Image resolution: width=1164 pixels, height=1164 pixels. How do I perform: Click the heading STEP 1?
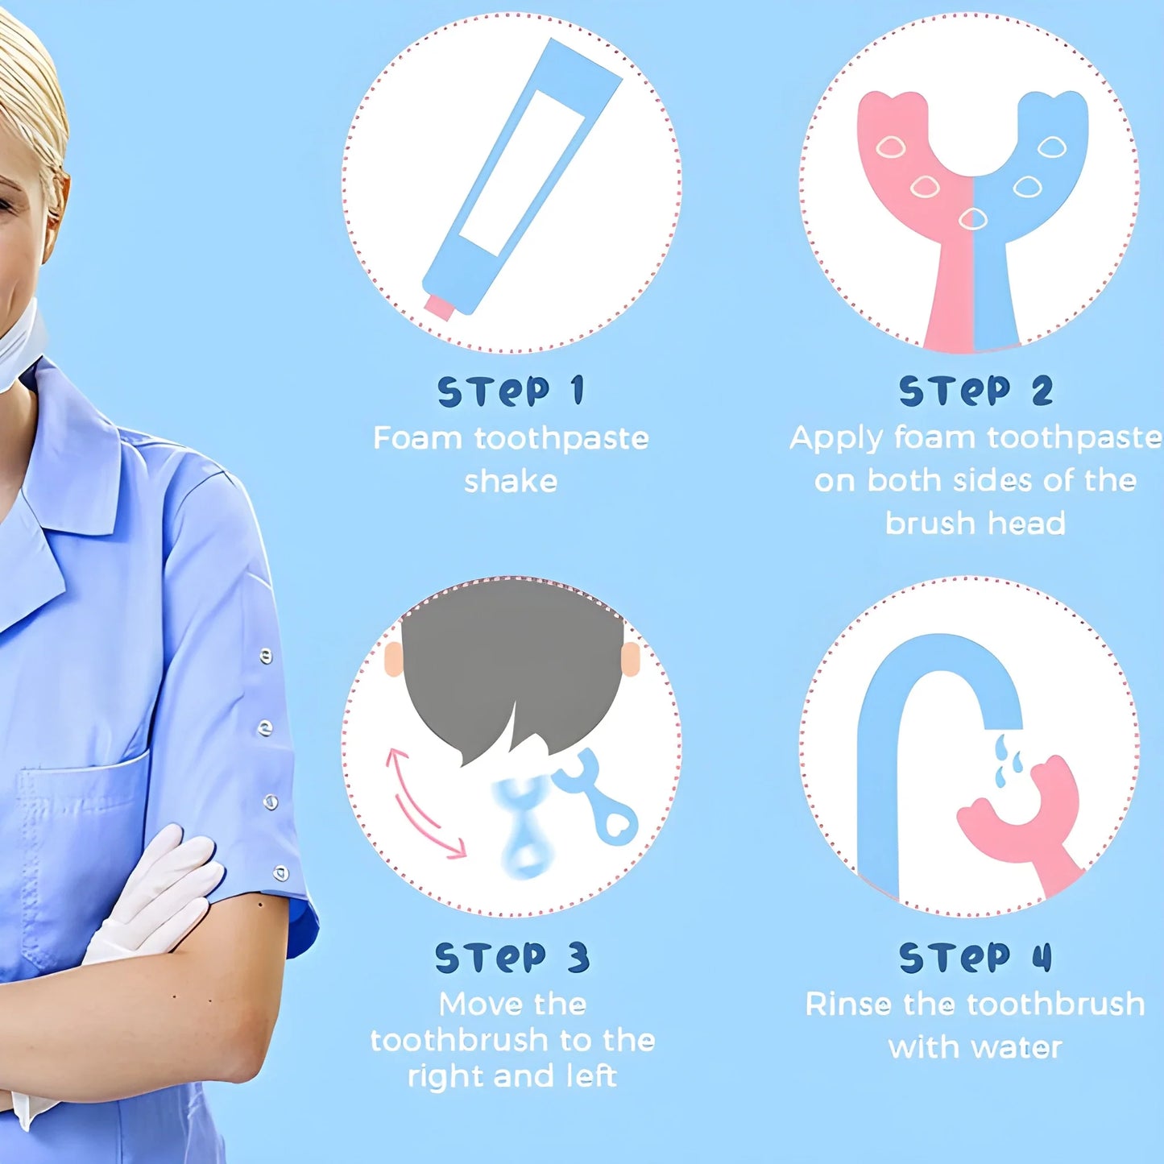pyautogui.click(x=511, y=391)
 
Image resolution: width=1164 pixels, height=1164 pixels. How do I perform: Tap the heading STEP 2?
pyautogui.click(x=976, y=391)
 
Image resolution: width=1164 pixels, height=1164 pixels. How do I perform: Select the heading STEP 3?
pyautogui.click(x=512, y=958)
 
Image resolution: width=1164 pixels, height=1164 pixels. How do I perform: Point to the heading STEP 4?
pyautogui.click(x=976, y=958)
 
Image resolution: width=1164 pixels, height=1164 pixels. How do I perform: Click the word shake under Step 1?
pyautogui.click(x=511, y=482)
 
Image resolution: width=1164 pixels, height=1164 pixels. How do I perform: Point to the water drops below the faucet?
pyautogui.click(x=1007, y=761)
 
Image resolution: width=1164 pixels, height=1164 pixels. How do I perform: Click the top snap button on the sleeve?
pyautogui.click(x=267, y=657)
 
